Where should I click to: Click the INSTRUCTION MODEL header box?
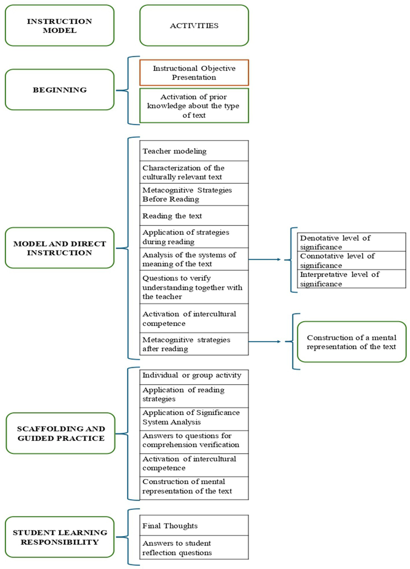click(x=60, y=25)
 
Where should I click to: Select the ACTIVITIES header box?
click(x=194, y=25)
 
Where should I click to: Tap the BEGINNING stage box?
click(x=60, y=90)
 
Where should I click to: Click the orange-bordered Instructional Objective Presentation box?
click(x=194, y=73)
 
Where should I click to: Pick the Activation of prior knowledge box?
click(x=194, y=106)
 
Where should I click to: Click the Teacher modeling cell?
click(x=194, y=151)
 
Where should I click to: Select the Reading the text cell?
click(x=194, y=216)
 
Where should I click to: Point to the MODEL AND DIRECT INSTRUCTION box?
click(x=60, y=248)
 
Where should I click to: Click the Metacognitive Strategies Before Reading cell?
click(x=194, y=194)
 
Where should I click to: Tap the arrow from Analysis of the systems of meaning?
click(x=265, y=259)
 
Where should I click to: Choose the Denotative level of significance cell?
click(x=351, y=242)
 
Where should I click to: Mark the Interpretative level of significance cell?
click(x=351, y=279)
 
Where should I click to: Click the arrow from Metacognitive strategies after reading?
click(x=265, y=341)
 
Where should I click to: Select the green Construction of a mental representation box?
click(x=351, y=342)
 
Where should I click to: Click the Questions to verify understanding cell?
click(x=194, y=287)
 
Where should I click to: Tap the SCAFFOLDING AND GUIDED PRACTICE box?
click(x=60, y=433)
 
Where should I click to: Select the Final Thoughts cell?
click(x=194, y=525)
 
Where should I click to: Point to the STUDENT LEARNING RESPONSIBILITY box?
click(x=60, y=537)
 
